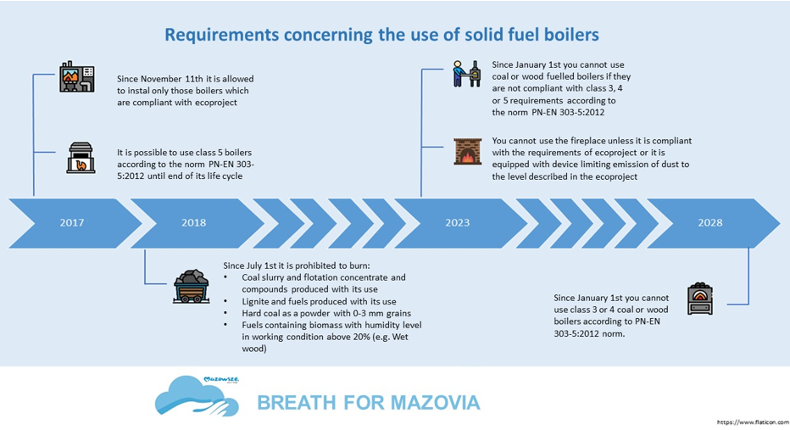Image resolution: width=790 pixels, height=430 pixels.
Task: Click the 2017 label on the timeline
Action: (72, 223)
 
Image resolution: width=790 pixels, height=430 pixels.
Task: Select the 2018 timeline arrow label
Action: (194, 223)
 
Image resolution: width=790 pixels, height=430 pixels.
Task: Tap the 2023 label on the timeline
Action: (458, 223)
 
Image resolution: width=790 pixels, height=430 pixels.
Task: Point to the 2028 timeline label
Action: (710, 223)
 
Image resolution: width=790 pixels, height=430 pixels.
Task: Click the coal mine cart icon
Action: (191, 287)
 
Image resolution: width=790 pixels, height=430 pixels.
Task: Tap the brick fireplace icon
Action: (468, 151)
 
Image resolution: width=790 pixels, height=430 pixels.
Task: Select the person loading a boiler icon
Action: (466, 74)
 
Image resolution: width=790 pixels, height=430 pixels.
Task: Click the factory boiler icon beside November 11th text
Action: (76, 76)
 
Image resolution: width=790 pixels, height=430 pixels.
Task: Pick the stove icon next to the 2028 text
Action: (700, 299)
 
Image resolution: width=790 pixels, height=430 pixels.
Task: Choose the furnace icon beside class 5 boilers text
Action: (81, 158)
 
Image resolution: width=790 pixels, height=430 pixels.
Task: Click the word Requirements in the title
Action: (222, 36)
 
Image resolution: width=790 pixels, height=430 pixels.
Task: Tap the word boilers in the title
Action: (568, 34)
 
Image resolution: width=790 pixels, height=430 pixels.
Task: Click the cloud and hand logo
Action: (197, 397)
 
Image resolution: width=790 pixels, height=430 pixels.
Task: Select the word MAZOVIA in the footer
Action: (436, 403)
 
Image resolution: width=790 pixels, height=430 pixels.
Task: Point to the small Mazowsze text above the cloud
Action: (221, 379)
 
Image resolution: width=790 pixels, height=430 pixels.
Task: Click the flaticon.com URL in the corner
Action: (753, 422)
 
